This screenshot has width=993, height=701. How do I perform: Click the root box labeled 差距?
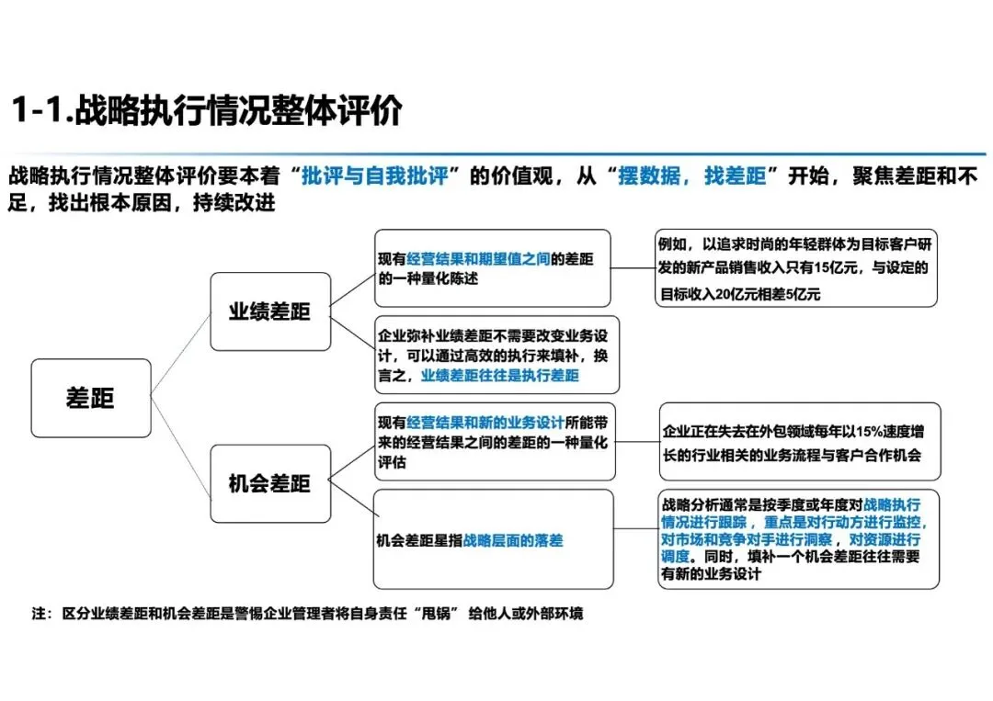point(90,397)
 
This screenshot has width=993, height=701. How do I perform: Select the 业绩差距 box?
point(269,311)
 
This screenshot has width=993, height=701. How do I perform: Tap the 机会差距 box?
point(269,483)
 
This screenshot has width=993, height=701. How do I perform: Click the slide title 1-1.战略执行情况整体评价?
point(206,110)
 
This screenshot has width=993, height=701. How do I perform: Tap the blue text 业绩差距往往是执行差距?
point(500,376)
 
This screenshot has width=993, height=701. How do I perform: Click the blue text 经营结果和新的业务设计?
point(485,424)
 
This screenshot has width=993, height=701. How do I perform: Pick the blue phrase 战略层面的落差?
point(513,541)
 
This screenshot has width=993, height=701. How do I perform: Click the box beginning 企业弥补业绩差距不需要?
point(496,355)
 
